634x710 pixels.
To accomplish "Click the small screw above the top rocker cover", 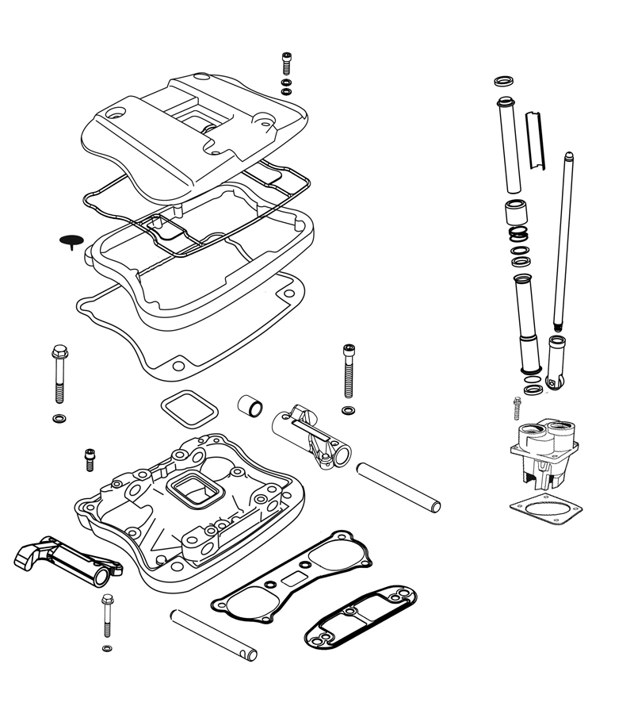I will point(286,61).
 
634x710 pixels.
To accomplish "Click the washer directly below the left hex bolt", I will point(59,417).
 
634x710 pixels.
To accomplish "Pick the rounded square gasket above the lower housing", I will point(189,409).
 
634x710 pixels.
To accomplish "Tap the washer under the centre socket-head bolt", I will point(348,409).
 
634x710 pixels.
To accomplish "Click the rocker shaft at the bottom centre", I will point(213,634).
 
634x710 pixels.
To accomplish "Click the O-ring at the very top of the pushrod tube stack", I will point(502,82).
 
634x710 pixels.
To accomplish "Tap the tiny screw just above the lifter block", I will point(517,406).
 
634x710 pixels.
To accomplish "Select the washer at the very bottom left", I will point(107,651).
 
